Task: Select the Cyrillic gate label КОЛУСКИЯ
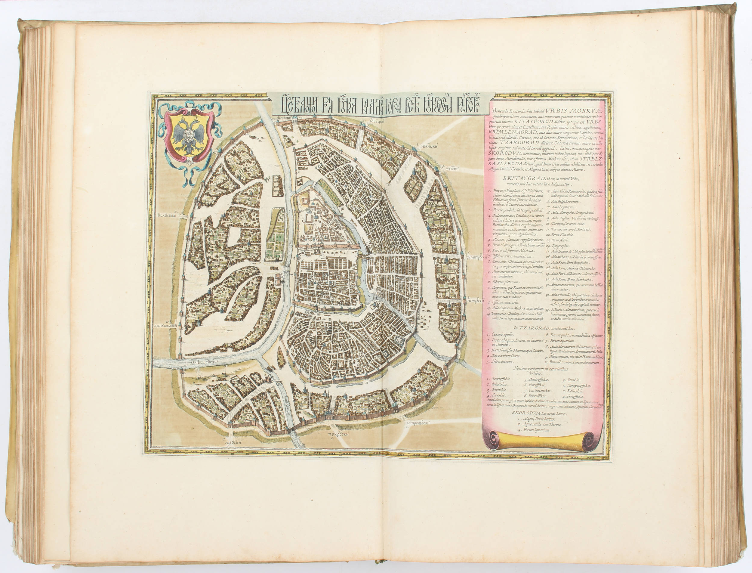point(168,215)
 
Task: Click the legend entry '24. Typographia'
point(559,246)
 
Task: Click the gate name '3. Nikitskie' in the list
point(498,389)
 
